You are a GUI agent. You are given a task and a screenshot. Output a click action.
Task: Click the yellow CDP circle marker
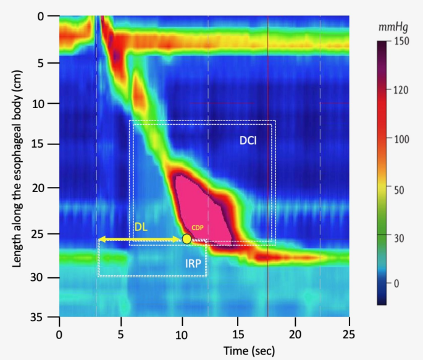[x=186, y=238]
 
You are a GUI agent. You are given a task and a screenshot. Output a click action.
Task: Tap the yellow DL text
[x=141, y=227]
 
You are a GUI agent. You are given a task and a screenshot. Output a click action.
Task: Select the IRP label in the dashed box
[x=193, y=264]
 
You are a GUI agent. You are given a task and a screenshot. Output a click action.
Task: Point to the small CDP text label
[x=198, y=227]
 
